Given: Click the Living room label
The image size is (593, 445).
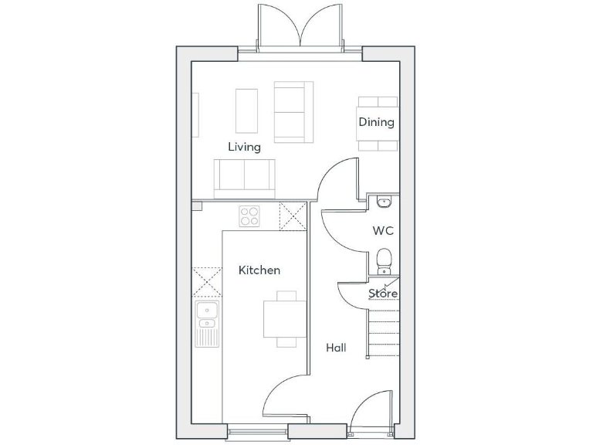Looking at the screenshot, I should pos(244,147).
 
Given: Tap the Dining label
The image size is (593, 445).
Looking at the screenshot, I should pos(376,122).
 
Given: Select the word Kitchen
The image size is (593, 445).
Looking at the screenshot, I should pos(259,270).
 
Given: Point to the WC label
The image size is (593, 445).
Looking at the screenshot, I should pos(384,230).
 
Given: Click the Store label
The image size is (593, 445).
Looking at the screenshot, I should pos(383,294).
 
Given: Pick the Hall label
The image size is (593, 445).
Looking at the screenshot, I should pos(336,348).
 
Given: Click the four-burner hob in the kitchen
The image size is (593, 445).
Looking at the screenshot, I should pos(249,216).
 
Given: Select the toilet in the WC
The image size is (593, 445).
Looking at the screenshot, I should pos(384,260).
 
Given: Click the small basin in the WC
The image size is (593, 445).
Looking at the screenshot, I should pos(385,202).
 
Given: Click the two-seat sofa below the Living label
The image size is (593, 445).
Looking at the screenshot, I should pos(244,177).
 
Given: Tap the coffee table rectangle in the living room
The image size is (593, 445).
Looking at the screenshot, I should pos(246,111).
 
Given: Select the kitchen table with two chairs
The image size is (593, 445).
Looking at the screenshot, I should pos(279,318).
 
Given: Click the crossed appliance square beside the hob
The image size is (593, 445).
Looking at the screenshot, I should pos(292,216).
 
